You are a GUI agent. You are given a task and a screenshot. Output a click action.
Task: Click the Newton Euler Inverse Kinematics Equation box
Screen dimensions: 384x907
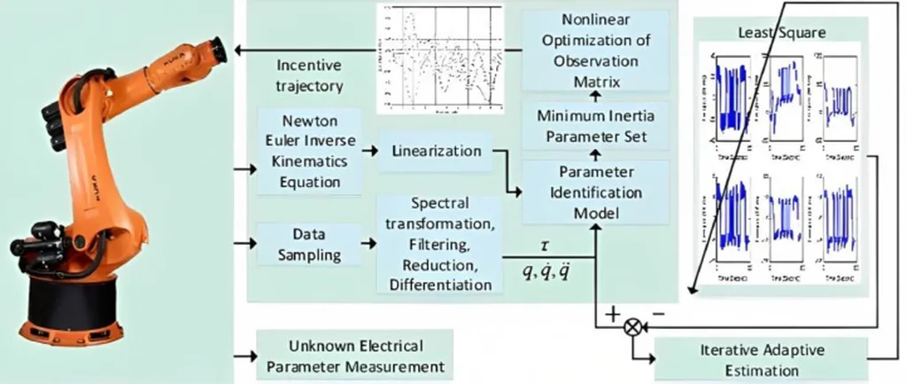click(x=309, y=151)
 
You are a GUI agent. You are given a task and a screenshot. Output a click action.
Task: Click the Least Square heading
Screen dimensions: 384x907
click(x=782, y=33)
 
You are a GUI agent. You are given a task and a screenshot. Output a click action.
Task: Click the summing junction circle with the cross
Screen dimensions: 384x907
click(x=632, y=326)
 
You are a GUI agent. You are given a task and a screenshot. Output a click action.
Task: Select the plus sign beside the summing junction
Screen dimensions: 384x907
click(x=611, y=312)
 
